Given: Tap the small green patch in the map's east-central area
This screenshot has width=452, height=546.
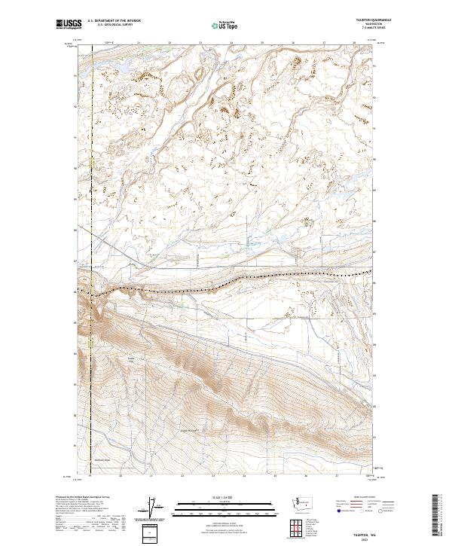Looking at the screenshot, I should click(x=307, y=221).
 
